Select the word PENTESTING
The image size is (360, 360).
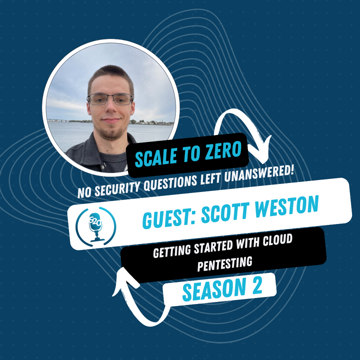point(222,261)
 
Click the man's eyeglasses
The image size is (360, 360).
point(110,99)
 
